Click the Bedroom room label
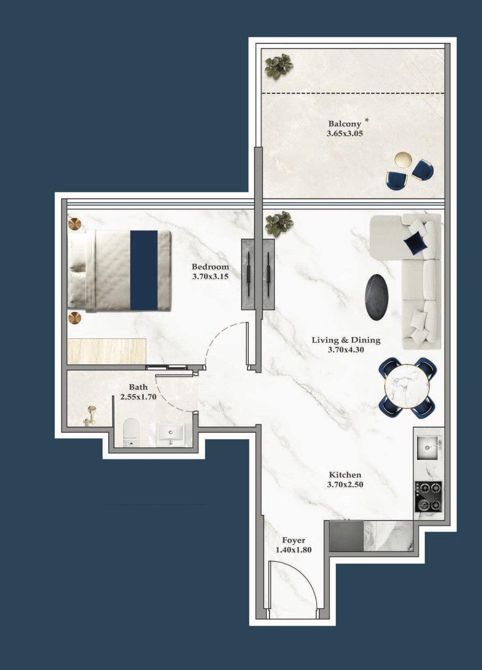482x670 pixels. coord(210,267)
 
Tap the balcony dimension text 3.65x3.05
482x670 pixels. coord(345,133)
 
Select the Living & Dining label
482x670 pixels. coord(346,340)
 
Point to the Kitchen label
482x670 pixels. coord(345,475)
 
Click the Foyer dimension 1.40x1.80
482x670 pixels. coord(294,549)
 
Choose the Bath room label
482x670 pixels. coord(139,387)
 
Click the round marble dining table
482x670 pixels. coord(407,387)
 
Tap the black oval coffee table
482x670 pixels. coord(378,297)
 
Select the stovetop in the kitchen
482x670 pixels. coord(428,496)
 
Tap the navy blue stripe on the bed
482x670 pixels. coord(143,270)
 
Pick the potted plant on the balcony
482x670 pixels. coord(278,66)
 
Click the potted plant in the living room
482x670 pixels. coord(279,224)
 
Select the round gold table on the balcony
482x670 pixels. coord(403,159)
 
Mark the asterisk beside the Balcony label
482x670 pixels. coord(367,121)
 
